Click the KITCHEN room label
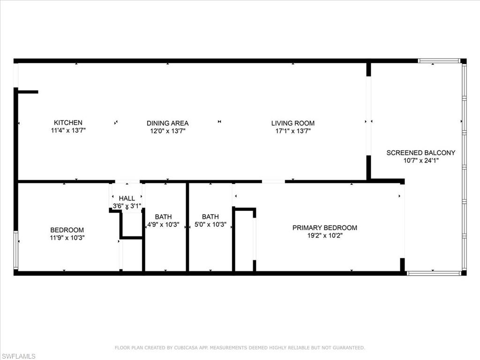(68, 122)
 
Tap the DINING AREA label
(167, 123)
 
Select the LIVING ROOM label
(293, 123)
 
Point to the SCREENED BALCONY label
(420, 152)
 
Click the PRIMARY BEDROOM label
(325, 227)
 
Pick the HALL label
(127, 198)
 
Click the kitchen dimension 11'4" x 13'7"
(68, 130)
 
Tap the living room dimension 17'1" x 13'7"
(293, 131)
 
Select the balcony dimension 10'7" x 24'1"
(420, 160)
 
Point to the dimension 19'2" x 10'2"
(325, 235)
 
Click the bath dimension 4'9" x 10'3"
(163, 225)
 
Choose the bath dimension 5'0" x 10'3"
(210, 225)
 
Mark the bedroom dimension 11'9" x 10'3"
(67, 238)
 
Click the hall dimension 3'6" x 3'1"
(127, 206)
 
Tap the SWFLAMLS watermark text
(18, 356)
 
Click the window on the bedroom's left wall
(16, 250)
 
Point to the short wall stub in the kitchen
(28, 92)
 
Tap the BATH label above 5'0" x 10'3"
(210, 217)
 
